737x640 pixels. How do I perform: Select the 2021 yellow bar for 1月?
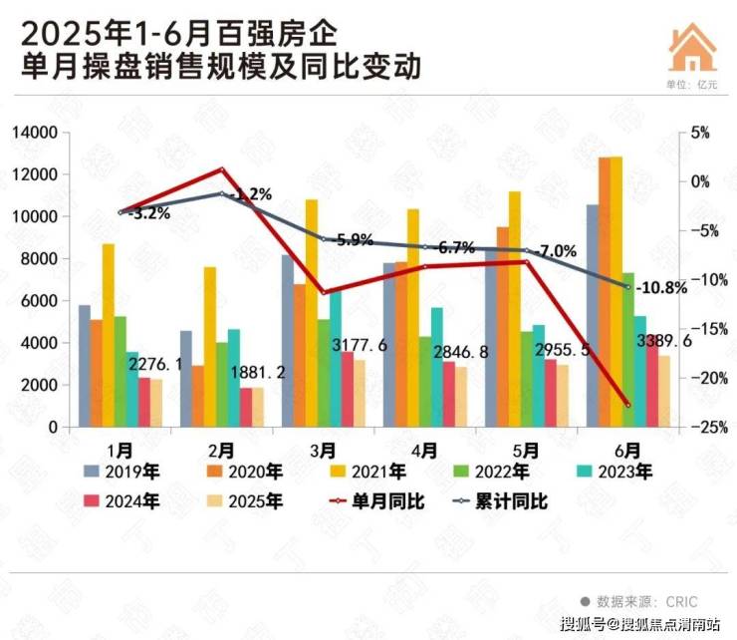click(109, 335)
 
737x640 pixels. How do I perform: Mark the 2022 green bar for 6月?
click(628, 349)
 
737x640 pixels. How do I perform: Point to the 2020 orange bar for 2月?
click(198, 396)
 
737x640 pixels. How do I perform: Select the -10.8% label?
click(661, 288)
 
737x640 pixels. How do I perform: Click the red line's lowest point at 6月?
click(627, 405)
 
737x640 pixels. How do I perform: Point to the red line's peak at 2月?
click(223, 168)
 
